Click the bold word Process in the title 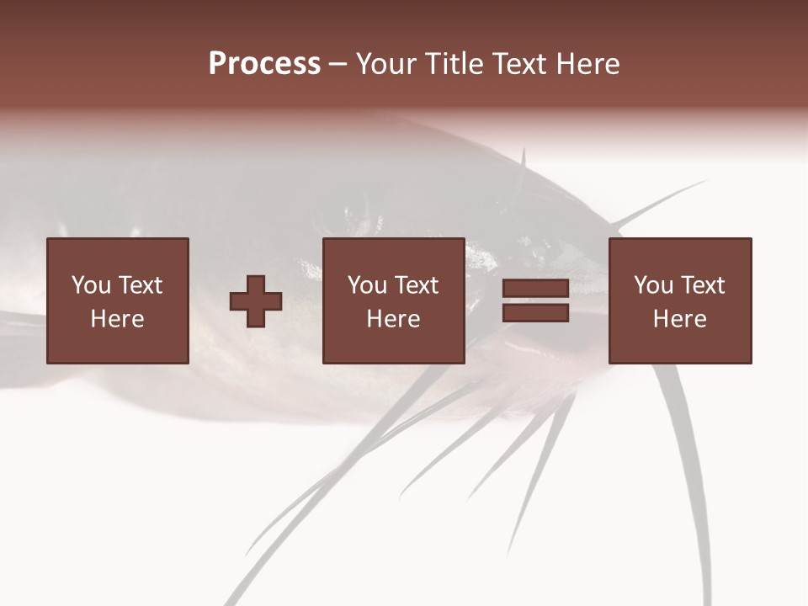pyautogui.click(x=264, y=64)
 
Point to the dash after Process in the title pyautogui.click(x=338, y=65)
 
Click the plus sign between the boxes pyautogui.click(x=256, y=301)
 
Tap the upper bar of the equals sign pyautogui.click(x=535, y=289)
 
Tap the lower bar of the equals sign pyautogui.click(x=535, y=313)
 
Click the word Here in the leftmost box pyautogui.click(x=118, y=319)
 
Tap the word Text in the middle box pyautogui.click(x=417, y=285)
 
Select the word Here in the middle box pyautogui.click(x=394, y=319)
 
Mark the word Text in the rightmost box pyautogui.click(x=703, y=285)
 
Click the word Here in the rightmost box pyautogui.click(x=680, y=319)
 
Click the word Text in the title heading pyautogui.click(x=517, y=64)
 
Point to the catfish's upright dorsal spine pyautogui.click(x=523, y=159)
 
